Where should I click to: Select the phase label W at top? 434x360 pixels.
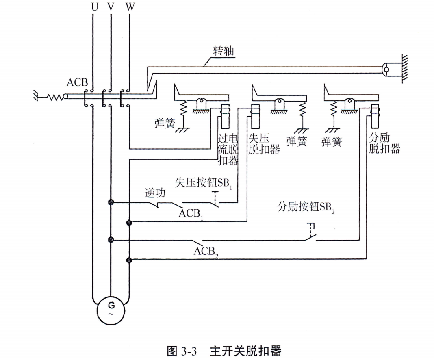coord(129,7)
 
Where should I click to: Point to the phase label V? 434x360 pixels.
coord(111,7)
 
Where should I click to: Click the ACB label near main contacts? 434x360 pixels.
coord(77,83)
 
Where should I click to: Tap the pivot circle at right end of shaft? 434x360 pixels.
coord(386,69)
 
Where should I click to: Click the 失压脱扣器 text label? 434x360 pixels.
coord(264,144)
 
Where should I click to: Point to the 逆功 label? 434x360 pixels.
coord(155,193)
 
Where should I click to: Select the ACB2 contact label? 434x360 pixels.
coord(206,251)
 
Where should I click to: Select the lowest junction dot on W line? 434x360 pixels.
coord(129,260)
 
